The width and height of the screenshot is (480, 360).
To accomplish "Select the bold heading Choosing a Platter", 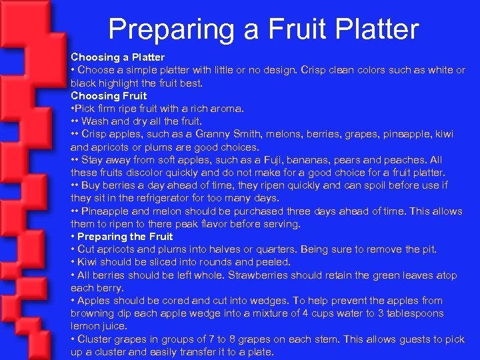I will tap(118, 57).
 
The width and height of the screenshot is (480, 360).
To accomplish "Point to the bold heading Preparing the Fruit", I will tap(125, 236).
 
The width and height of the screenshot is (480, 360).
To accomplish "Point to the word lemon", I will tap(85, 326).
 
